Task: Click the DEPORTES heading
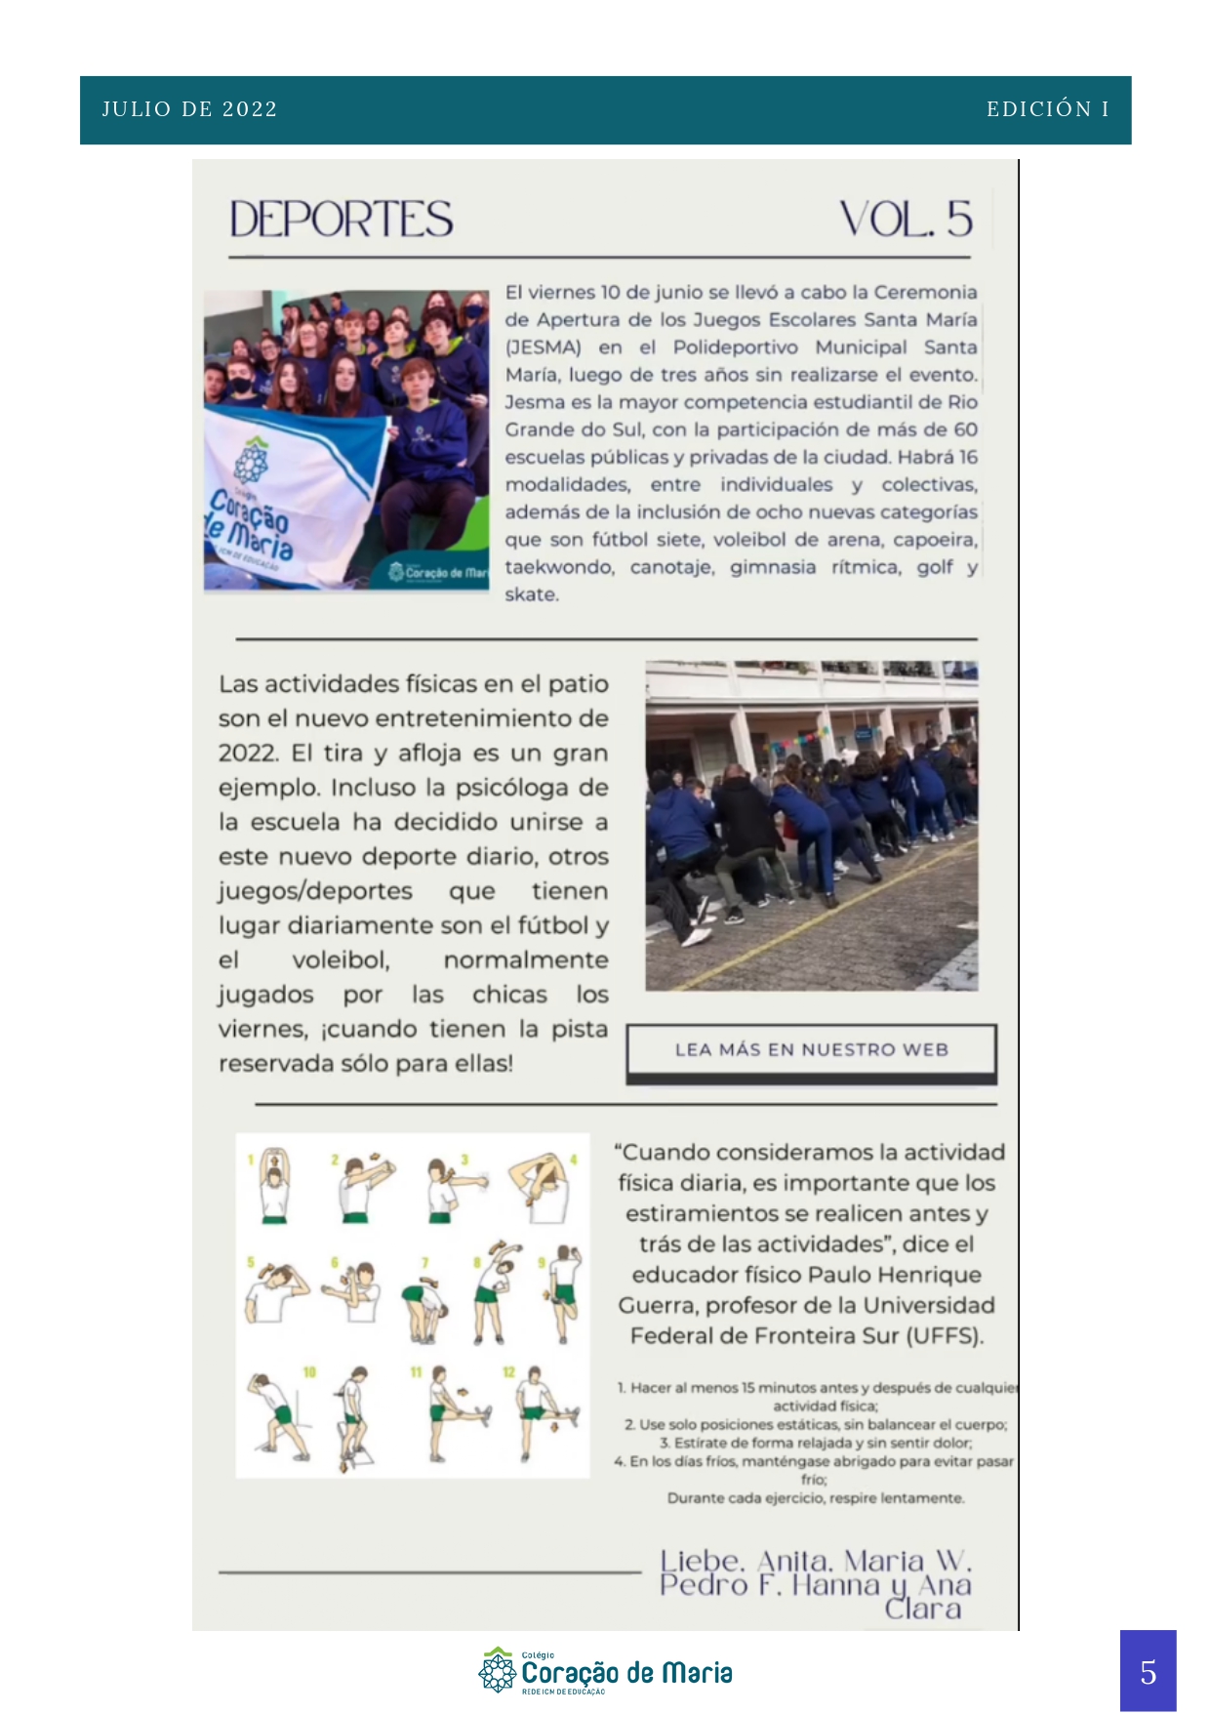[x=341, y=220]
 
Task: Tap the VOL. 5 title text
[x=905, y=220]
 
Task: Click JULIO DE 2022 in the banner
[x=190, y=109]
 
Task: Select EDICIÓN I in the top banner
[x=1047, y=109]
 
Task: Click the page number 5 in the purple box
[x=1148, y=1672]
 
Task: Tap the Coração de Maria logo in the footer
[x=605, y=1672]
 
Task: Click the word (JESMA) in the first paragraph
[x=543, y=347]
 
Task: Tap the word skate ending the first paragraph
[x=531, y=594]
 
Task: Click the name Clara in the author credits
[x=922, y=1608]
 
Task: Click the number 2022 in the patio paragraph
[x=247, y=754]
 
